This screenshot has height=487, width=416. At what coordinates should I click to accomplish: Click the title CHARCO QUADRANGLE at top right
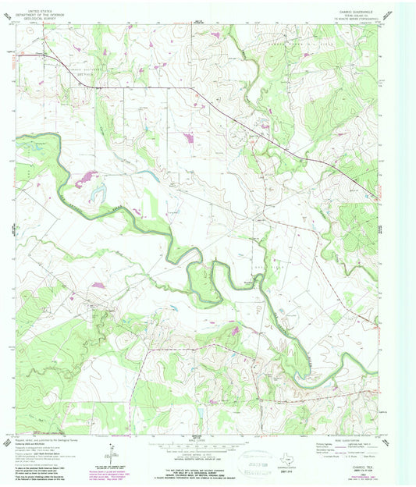(x=353, y=12)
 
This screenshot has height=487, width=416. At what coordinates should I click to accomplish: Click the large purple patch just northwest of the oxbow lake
(x=87, y=177)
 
